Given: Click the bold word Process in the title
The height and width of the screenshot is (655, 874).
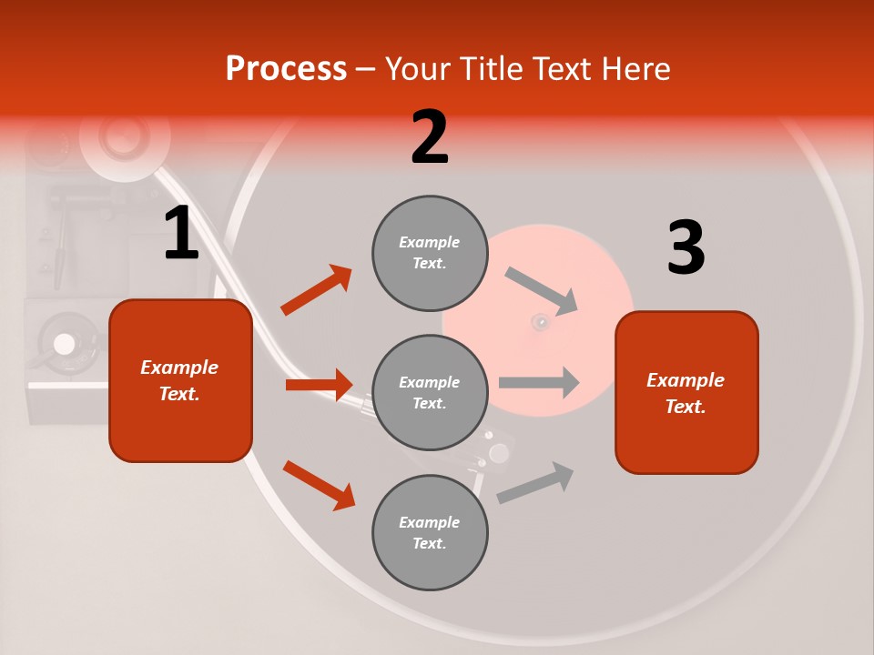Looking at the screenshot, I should click(286, 69).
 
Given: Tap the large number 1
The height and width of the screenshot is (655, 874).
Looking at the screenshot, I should click(181, 234).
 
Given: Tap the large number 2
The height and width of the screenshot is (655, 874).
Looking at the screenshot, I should click(430, 137).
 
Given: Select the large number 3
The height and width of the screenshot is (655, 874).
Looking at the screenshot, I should click(686, 247).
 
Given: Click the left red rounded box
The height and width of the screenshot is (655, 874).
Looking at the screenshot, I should click(180, 380).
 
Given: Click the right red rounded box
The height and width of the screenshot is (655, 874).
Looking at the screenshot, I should click(686, 392).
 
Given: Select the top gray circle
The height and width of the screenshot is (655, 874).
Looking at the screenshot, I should click(430, 253).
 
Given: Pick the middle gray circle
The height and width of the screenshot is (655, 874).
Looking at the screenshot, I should click(430, 393).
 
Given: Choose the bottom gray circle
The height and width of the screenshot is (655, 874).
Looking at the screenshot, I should click(430, 533).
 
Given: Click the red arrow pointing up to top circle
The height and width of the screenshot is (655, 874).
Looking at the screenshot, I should click(316, 290).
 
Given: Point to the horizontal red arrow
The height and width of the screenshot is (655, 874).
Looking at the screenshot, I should click(319, 385).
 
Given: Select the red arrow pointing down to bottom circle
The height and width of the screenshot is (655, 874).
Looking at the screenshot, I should click(319, 484).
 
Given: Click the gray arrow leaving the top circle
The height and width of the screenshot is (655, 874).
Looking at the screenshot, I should click(542, 291).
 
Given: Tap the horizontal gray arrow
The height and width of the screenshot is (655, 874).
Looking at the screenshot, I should click(539, 382).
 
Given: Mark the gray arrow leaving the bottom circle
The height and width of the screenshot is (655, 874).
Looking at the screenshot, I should click(535, 482).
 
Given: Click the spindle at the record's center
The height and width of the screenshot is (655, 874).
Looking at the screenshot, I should click(541, 321).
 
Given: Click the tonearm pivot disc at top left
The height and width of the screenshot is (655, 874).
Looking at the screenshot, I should click(124, 136).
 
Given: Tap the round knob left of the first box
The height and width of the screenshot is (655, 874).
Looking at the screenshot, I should click(64, 344).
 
